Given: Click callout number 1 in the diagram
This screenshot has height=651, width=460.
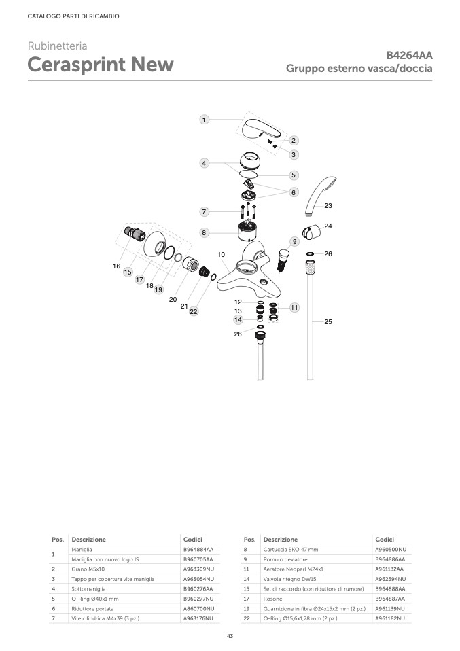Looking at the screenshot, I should (x=204, y=120).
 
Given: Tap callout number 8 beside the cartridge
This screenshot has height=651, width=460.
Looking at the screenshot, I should (x=204, y=233).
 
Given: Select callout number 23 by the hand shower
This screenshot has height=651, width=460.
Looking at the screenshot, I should (x=328, y=205).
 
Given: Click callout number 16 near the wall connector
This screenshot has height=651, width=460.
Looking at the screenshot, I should (x=117, y=266).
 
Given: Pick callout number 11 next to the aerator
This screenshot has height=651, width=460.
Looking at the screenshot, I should (x=294, y=308).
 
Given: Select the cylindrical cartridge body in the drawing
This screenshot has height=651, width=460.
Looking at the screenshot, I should (x=248, y=233).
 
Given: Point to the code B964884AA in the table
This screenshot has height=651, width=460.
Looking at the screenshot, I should (x=198, y=549).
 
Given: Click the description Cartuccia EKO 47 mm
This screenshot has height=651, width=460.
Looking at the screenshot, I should (x=290, y=549).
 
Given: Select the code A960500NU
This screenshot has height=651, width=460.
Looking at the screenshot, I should (x=391, y=549).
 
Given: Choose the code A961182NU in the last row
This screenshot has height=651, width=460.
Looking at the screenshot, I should (x=390, y=618).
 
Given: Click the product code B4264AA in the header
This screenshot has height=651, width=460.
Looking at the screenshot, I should (x=410, y=56).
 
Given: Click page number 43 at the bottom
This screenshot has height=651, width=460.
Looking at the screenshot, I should (x=230, y=636).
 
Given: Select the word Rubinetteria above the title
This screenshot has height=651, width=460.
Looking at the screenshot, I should (x=58, y=46).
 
